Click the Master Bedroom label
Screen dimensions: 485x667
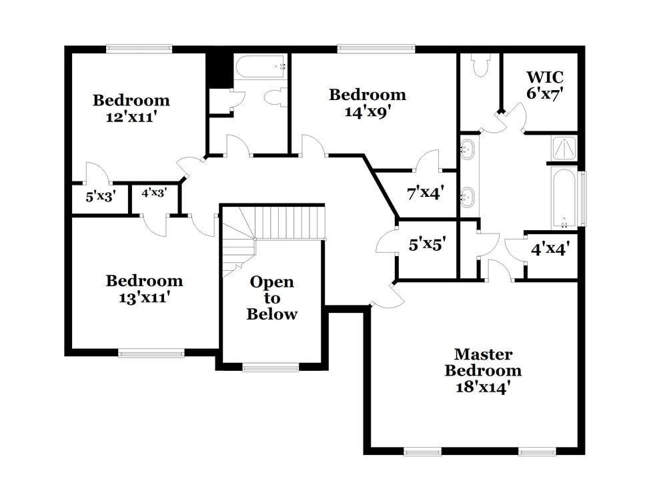click(483, 362)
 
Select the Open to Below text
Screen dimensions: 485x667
click(271, 298)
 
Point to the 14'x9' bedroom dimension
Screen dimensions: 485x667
click(367, 111)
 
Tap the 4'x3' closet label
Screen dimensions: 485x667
click(154, 193)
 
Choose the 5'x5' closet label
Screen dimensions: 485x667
click(427, 245)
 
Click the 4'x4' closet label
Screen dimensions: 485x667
click(550, 249)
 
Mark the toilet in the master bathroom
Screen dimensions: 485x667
click(480, 65)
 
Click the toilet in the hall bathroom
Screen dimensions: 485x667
click(275, 97)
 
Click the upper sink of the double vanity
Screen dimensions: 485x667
click(468, 148)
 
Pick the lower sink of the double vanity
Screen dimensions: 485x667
click(468, 196)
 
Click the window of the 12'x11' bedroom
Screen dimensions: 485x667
click(139, 48)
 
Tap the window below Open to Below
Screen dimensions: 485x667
click(270, 367)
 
